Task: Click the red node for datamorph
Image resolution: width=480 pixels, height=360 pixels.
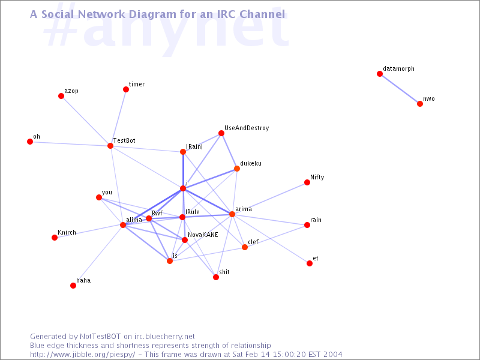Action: click(380, 74)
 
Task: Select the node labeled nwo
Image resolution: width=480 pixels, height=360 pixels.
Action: click(420, 104)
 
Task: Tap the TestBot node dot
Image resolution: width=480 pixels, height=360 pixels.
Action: click(110, 146)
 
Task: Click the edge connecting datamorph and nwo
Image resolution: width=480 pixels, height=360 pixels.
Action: click(400, 89)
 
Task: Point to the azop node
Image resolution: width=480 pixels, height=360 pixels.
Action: click(61, 96)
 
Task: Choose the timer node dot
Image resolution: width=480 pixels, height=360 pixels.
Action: click(126, 89)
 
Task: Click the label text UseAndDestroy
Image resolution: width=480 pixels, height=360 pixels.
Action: click(247, 128)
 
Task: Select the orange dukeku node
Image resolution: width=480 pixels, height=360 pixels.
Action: click(237, 169)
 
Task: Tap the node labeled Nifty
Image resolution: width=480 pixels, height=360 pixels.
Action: click(307, 182)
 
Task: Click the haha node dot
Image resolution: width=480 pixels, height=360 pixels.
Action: click(73, 286)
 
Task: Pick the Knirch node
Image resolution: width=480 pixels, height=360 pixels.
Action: click(55, 238)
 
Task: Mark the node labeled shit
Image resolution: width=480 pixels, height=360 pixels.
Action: click(216, 277)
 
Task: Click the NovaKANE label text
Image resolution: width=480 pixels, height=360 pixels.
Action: click(203, 235)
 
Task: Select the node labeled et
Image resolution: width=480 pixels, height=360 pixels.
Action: click(310, 263)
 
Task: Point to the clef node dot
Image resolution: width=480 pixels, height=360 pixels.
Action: click(245, 247)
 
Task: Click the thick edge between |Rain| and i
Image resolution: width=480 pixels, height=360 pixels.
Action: click(183, 170)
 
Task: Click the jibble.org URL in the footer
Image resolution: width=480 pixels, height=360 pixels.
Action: click(82, 355)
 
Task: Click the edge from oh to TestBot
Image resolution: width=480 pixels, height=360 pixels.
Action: click(70, 143)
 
